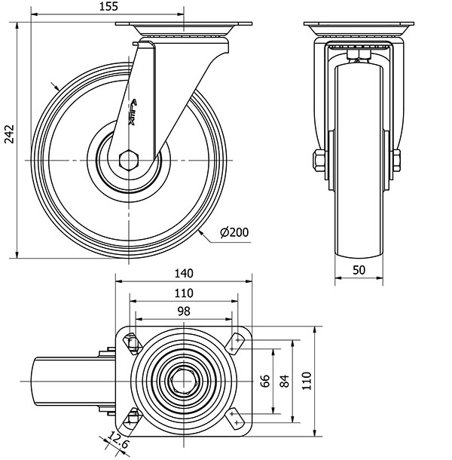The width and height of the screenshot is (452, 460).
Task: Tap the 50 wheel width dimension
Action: (359, 269)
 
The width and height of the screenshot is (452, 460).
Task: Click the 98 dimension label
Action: (184, 311)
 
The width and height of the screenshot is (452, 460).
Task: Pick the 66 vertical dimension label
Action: (265, 380)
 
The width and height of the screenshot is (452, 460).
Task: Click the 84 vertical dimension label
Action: (284, 380)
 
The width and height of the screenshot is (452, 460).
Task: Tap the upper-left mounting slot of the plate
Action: (132, 343)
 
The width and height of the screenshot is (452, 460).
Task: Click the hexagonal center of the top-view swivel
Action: (183, 381)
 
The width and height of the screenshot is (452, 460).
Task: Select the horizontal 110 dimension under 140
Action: (184, 293)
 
